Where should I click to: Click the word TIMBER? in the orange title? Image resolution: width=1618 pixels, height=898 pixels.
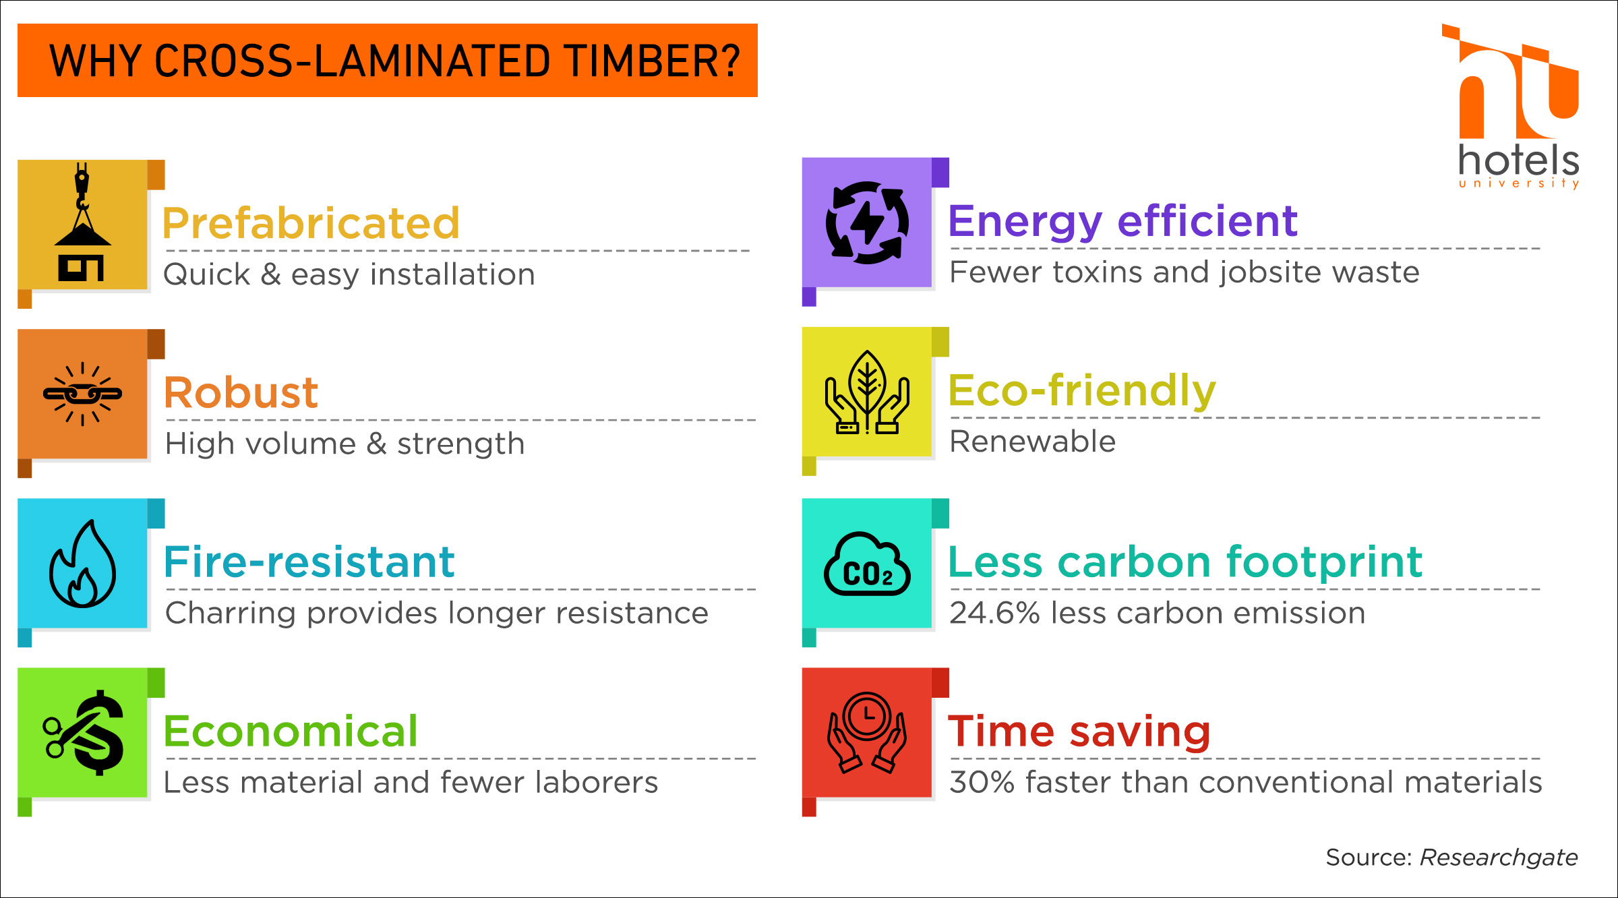coord(653,61)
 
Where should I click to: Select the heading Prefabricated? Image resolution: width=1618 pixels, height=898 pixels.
coord(311,223)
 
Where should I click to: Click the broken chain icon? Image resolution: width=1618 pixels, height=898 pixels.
coord(82,394)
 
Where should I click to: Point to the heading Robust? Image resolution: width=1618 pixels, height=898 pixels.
coord(241,392)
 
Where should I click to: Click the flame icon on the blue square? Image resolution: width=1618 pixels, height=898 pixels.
coord(82,564)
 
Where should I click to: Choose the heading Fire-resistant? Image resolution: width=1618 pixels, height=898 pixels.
coord(309,562)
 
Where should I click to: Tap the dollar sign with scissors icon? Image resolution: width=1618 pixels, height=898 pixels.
coord(84,733)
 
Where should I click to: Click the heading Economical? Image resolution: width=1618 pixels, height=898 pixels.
coord(291,731)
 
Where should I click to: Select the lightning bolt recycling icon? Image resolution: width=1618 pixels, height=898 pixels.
coord(867,222)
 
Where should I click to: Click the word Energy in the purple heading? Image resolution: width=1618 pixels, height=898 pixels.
coord(1025,222)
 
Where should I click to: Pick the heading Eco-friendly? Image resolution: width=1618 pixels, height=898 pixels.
coord(1082,390)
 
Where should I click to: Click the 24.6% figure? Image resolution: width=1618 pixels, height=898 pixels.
coord(994,613)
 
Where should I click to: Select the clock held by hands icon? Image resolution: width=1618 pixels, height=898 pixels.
coord(867,733)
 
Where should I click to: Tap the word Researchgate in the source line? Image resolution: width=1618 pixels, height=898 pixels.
coord(1499,858)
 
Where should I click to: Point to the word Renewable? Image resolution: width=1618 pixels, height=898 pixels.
coord(1032,442)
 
